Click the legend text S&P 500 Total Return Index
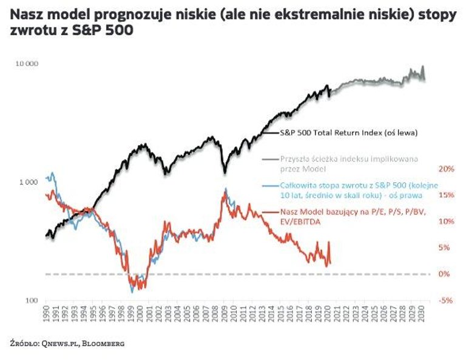[348, 131]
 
